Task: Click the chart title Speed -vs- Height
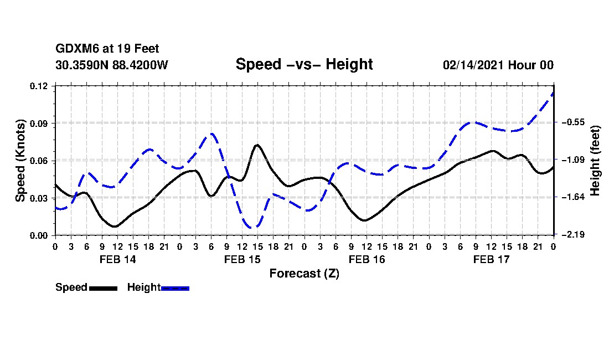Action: (x=304, y=64)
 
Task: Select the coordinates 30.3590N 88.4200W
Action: (x=112, y=65)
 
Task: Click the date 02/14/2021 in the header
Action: (x=474, y=65)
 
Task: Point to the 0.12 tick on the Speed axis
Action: (x=38, y=86)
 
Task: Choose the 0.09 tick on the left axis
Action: (x=38, y=124)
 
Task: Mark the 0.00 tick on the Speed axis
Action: (x=38, y=236)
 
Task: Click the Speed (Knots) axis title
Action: (x=20, y=161)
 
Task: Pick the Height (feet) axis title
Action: (x=595, y=161)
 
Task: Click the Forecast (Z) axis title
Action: (x=304, y=274)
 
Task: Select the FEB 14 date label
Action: (x=118, y=259)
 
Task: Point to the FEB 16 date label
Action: (x=367, y=259)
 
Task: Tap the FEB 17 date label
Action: (x=491, y=259)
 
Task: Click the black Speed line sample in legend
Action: (x=104, y=288)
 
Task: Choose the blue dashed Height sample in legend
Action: (x=175, y=288)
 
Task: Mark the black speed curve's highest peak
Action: (x=257, y=145)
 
